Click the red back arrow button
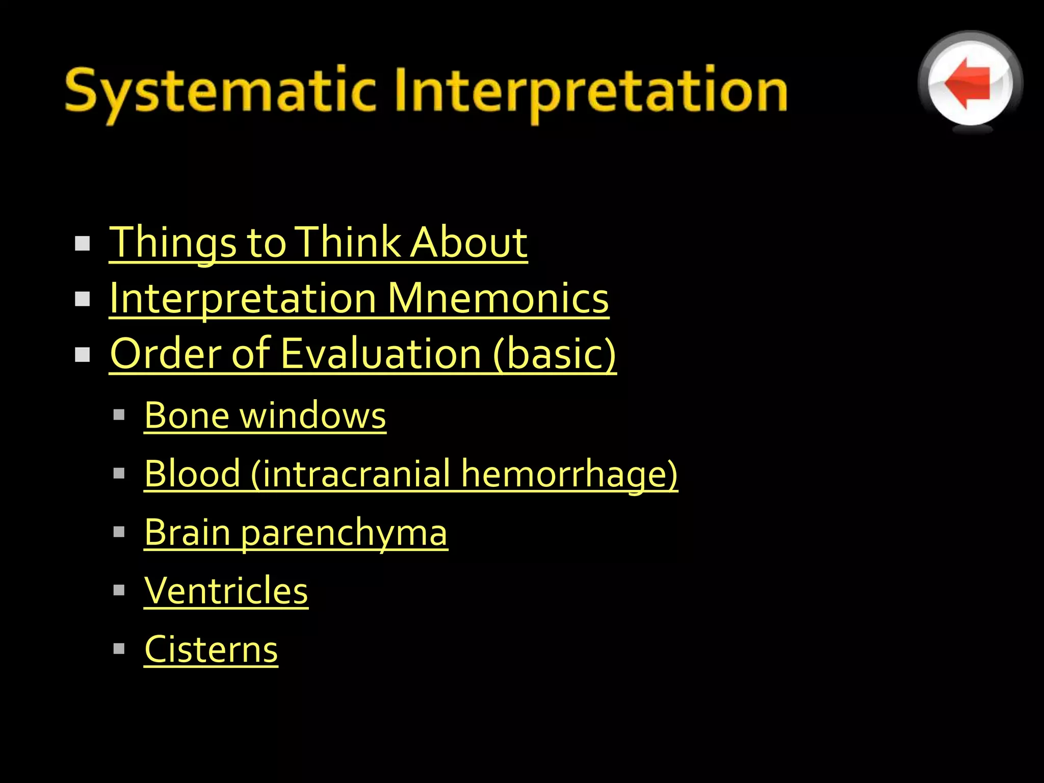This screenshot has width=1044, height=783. [x=970, y=83]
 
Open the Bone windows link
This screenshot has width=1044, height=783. [x=265, y=415]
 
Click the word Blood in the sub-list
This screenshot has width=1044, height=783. [x=192, y=474]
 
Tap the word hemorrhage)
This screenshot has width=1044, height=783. [x=569, y=474]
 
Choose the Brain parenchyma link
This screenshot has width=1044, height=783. [x=296, y=532]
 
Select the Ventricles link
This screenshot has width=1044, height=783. [x=226, y=591]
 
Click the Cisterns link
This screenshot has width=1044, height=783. [x=211, y=649]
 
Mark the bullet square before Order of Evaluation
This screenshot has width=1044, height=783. [x=82, y=354]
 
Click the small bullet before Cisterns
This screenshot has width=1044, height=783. [x=119, y=648]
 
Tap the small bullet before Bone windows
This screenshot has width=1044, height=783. [x=119, y=415]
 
